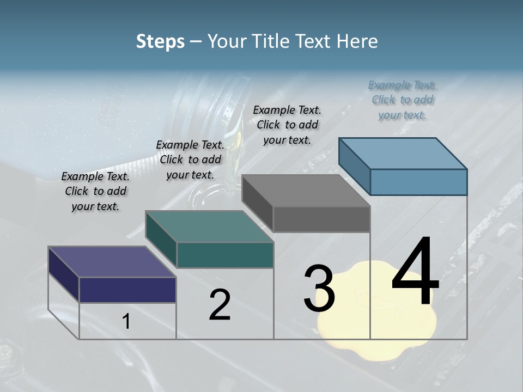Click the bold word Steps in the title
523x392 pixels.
160,41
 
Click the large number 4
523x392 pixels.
415,272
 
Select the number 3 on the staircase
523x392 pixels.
319,289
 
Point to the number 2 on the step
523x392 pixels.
220,305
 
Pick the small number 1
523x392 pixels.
126,322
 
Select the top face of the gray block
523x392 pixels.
306,191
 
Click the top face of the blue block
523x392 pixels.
403,153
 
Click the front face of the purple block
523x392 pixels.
127,290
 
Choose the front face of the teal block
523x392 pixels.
225,255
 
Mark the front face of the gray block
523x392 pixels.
321,219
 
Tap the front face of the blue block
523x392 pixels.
418,182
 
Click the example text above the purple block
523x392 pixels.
95,191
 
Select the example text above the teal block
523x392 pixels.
190,160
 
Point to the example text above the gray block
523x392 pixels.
287,125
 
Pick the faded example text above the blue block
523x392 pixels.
403,100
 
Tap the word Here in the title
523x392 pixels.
358,41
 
